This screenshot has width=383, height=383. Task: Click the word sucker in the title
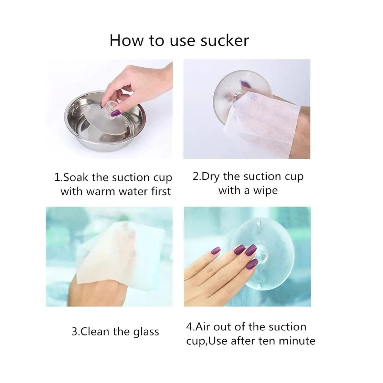coord(225,41)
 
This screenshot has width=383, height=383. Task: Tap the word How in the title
coord(126,41)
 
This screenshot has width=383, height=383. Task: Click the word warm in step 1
coord(100,191)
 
